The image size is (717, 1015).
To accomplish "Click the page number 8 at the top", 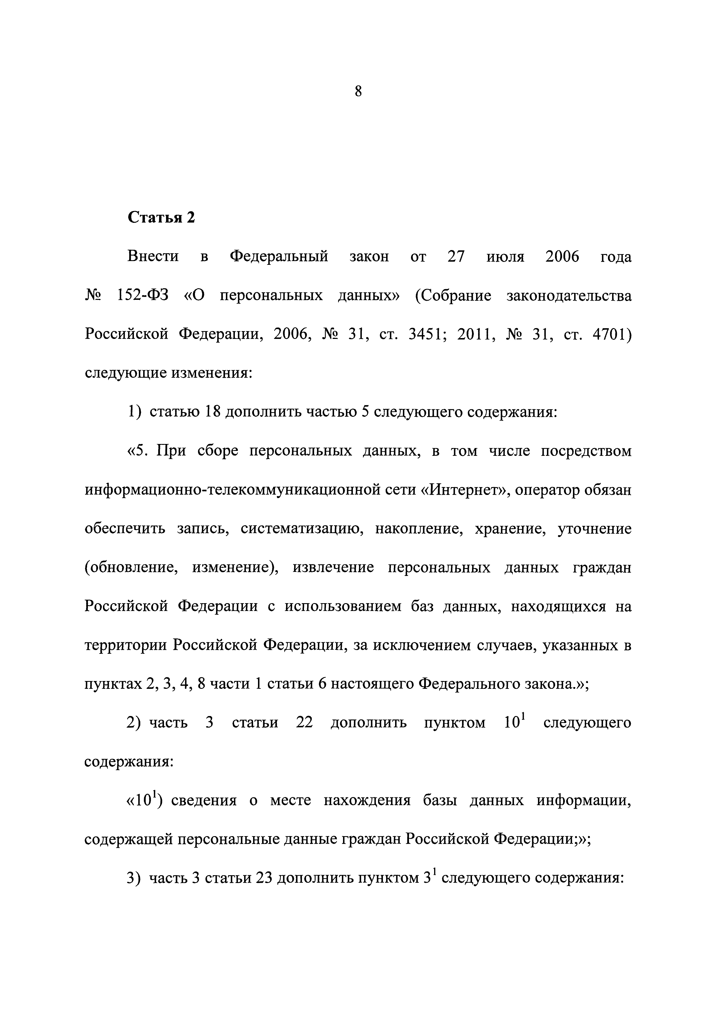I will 358,91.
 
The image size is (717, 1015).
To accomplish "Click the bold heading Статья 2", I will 161,218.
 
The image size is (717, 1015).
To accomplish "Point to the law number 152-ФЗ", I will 143,295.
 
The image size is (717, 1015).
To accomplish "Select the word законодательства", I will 569,295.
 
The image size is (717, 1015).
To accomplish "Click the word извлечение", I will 333,568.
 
